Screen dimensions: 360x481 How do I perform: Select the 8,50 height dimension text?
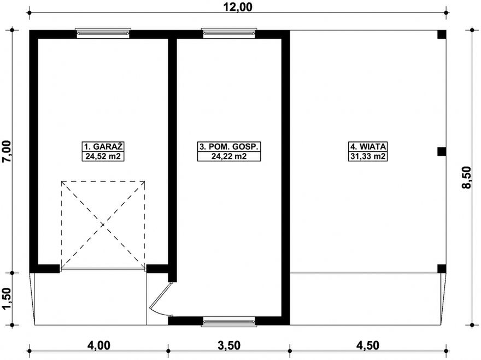466,177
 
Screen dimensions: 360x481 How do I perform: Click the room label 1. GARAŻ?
102,146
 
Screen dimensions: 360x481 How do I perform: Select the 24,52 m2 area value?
102,156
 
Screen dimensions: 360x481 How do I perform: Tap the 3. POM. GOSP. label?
228,146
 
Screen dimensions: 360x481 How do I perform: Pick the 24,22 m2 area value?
228,156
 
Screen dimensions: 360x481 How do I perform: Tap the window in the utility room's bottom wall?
228,321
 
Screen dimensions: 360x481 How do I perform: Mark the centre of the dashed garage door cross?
103,225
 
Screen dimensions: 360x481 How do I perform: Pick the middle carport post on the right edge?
442,151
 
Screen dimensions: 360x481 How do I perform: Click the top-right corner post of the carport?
442,34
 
